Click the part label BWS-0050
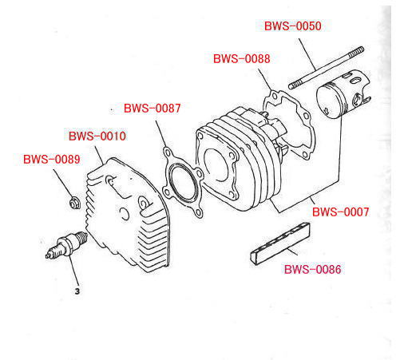(x=293, y=26)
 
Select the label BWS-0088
(x=242, y=59)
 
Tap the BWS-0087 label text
(x=152, y=108)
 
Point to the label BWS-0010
(x=97, y=136)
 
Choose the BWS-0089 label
(x=52, y=160)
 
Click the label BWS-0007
(x=341, y=212)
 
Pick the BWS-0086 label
(x=313, y=269)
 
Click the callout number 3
(x=77, y=291)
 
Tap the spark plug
(x=66, y=245)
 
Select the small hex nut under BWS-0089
(x=73, y=203)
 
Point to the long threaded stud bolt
(x=327, y=68)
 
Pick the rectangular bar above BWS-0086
(x=280, y=243)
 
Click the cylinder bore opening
(x=216, y=165)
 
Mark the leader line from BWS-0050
(x=307, y=54)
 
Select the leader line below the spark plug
(x=74, y=271)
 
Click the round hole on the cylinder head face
(x=124, y=213)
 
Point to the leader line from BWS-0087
(x=160, y=134)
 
